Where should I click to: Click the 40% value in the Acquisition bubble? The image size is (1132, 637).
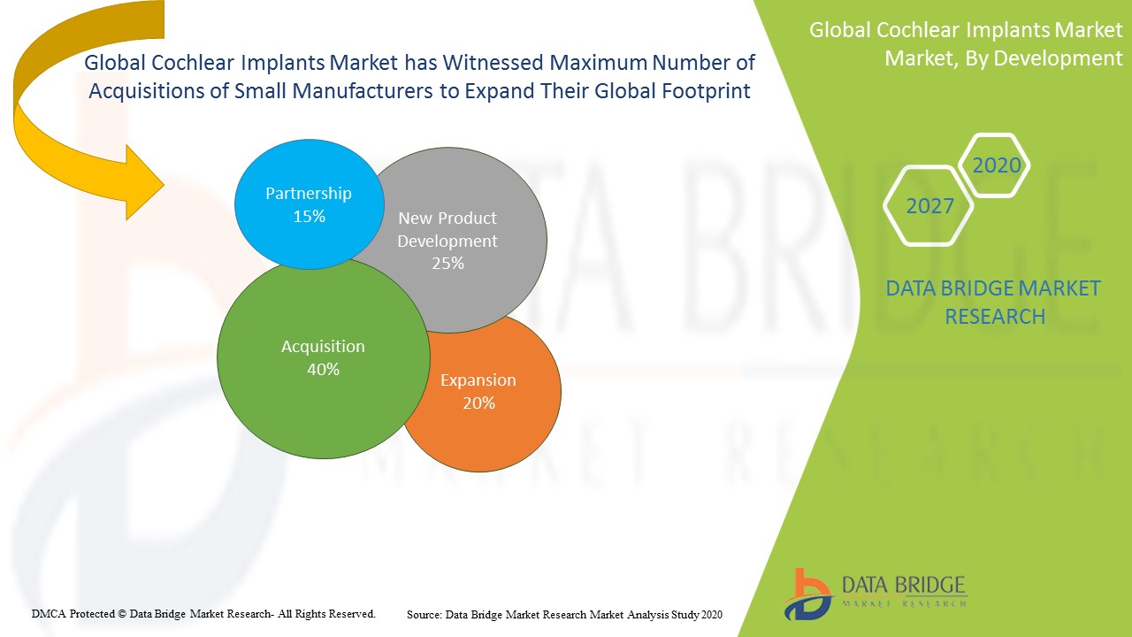click(x=323, y=370)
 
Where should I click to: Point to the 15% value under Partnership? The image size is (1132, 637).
click(x=309, y=216)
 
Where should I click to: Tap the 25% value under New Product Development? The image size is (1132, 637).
click(x=447, y=263)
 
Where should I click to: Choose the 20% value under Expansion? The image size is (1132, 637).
click(x=478, y=403)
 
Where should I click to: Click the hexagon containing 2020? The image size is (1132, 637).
click(x=996, y=165)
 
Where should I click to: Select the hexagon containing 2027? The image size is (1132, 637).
click(x=929, y=206)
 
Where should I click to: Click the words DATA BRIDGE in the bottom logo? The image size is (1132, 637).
click(x=904, y=585)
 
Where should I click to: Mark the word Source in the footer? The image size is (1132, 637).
click(x=424, y=614)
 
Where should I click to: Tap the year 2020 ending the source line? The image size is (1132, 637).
click(x=712, y=614)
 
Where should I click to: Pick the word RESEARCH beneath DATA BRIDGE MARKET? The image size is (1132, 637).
click(x=995, y=316)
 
